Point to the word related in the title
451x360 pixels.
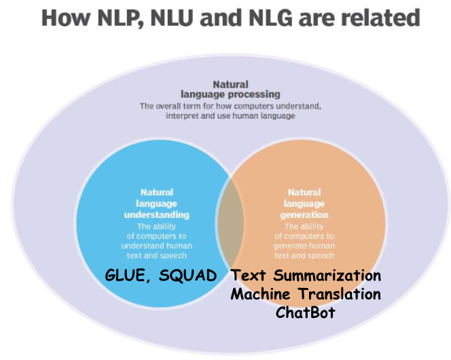[x=385, y=18]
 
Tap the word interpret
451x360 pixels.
[x=183, y=116]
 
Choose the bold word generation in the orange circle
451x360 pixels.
[x=304, y=215]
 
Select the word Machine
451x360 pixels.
[x=258, y=294]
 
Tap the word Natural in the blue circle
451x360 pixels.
[x=157, y=193]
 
